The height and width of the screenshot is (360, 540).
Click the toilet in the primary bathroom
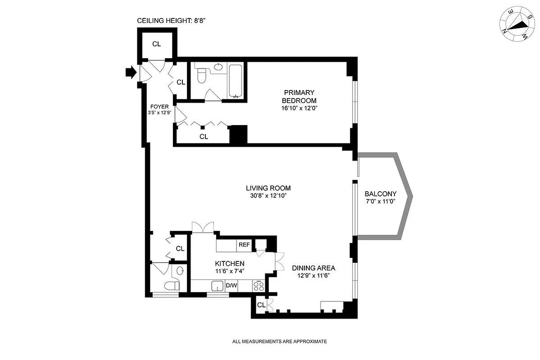pyautogui.click(x=202, y=75)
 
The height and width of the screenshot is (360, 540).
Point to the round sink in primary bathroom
pyautogui.click(x=218, y=67)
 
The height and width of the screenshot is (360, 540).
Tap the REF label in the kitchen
pyautogui.click(x=244, y=245)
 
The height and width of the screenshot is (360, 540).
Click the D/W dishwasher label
pyautogui.click(x=231, y=286)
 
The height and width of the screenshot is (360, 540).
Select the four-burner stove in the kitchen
pyautogui.click(x=259, y=286)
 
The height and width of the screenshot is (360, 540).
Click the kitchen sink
pyautogui.click(x=218, y=286)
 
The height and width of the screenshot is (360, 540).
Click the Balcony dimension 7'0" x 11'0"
pyautogui.click(x=381, y=202)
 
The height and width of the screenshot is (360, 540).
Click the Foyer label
pyautogui.click(x=159, y=107)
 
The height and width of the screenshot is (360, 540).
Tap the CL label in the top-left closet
pyautogui.click(x=156, y=44)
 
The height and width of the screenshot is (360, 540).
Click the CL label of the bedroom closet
pyautogui.click(x=204, y=136)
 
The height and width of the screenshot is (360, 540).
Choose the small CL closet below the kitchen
pyautogui.click(x=261, y=305)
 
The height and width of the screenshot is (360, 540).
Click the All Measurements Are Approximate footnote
pyautogui.click(x=279, y=342)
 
